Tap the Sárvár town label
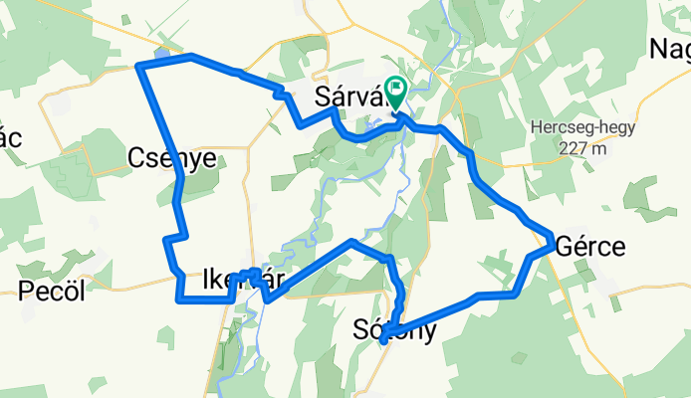pos(348,97)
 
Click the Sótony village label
pos(395,330)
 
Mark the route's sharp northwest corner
pos(137,67)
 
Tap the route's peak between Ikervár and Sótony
pos(350,241)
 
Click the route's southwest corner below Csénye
pos(179,298)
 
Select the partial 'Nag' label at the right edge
pos(669,48)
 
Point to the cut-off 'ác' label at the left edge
pos(10,138)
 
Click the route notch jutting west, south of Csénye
pos(166,240)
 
